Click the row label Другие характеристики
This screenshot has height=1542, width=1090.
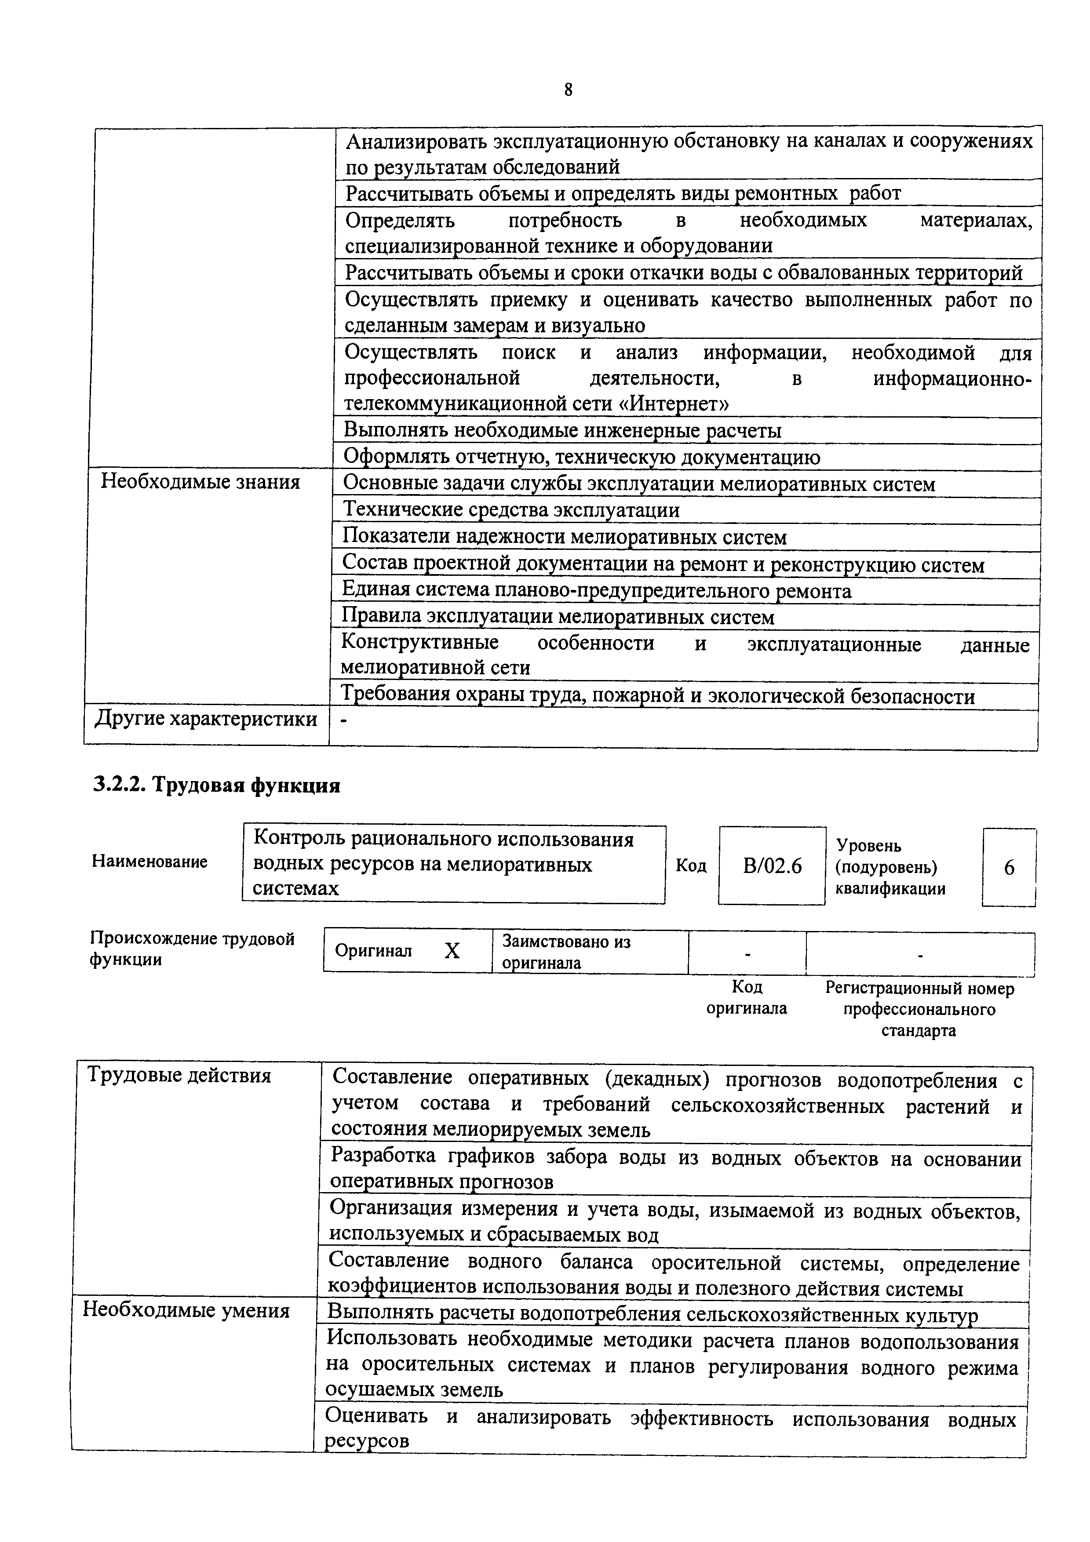(205, 719)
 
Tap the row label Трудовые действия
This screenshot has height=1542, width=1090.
(179, 1076)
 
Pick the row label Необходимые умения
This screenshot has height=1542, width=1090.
(186, 1310)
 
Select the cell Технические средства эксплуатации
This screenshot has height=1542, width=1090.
(511, 510)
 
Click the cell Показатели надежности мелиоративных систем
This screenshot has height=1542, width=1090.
(564, 537)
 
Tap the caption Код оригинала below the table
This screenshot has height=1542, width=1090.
(746, 997)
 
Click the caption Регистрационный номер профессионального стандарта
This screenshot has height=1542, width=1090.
(919, 1009)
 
